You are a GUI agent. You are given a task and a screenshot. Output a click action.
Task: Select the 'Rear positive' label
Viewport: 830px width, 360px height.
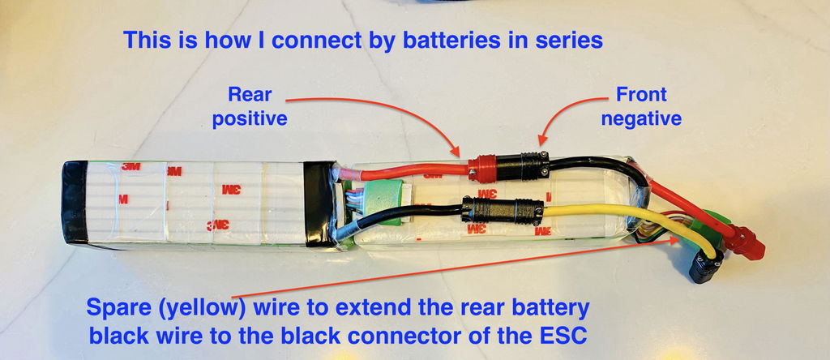coord(250,106)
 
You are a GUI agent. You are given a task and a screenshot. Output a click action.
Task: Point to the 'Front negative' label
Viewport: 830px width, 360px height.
coord(641,106)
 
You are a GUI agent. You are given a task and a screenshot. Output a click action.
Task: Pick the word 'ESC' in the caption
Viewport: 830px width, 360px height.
coord(562,336)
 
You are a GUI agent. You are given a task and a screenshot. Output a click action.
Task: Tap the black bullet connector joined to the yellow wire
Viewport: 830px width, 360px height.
coord(503,212)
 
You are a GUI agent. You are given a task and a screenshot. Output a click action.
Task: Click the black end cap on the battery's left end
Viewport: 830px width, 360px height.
coord(74,204)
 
